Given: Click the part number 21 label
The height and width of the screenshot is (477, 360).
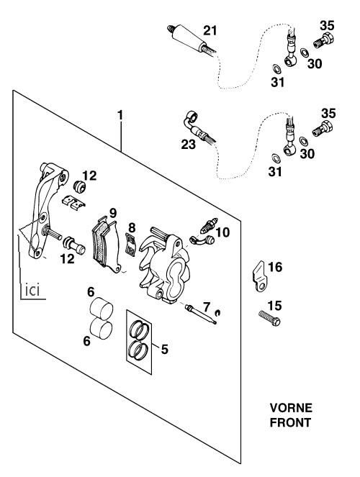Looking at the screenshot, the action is [x=210, y=31].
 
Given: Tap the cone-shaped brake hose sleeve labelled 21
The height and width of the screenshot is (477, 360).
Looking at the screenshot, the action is [x=188, y=40].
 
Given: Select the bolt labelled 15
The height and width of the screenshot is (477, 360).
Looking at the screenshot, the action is [x=269, y=317].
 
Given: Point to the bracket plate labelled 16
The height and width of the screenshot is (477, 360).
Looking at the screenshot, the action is [x=260, y=276].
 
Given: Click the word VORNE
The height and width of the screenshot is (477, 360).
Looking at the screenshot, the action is [x=291, y=408].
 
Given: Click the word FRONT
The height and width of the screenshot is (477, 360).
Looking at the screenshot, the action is [x=290, y=422].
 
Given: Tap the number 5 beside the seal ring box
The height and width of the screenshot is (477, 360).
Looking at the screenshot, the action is [x=164, y=349].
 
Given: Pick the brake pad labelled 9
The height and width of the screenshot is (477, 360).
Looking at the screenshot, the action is [x=107, y=244].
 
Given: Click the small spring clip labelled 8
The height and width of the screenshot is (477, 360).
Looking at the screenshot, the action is [x=131, y=245].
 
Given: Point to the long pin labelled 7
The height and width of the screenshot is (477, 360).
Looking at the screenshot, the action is [x=201, y=314].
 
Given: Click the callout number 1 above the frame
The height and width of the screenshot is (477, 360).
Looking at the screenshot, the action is [x=120, y=115].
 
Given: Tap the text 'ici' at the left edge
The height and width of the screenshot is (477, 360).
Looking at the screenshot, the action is [x=32, y=291].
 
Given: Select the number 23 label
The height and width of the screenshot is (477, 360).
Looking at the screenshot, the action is [x=188, y=144].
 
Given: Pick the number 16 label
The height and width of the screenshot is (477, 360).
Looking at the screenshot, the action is [x=275, y=267].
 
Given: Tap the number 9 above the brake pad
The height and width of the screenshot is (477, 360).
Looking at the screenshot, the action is [x=113, y=213].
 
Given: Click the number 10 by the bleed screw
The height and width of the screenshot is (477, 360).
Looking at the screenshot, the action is [x=222, y=232].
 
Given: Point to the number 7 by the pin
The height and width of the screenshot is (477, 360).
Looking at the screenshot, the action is [x=207, y=307].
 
